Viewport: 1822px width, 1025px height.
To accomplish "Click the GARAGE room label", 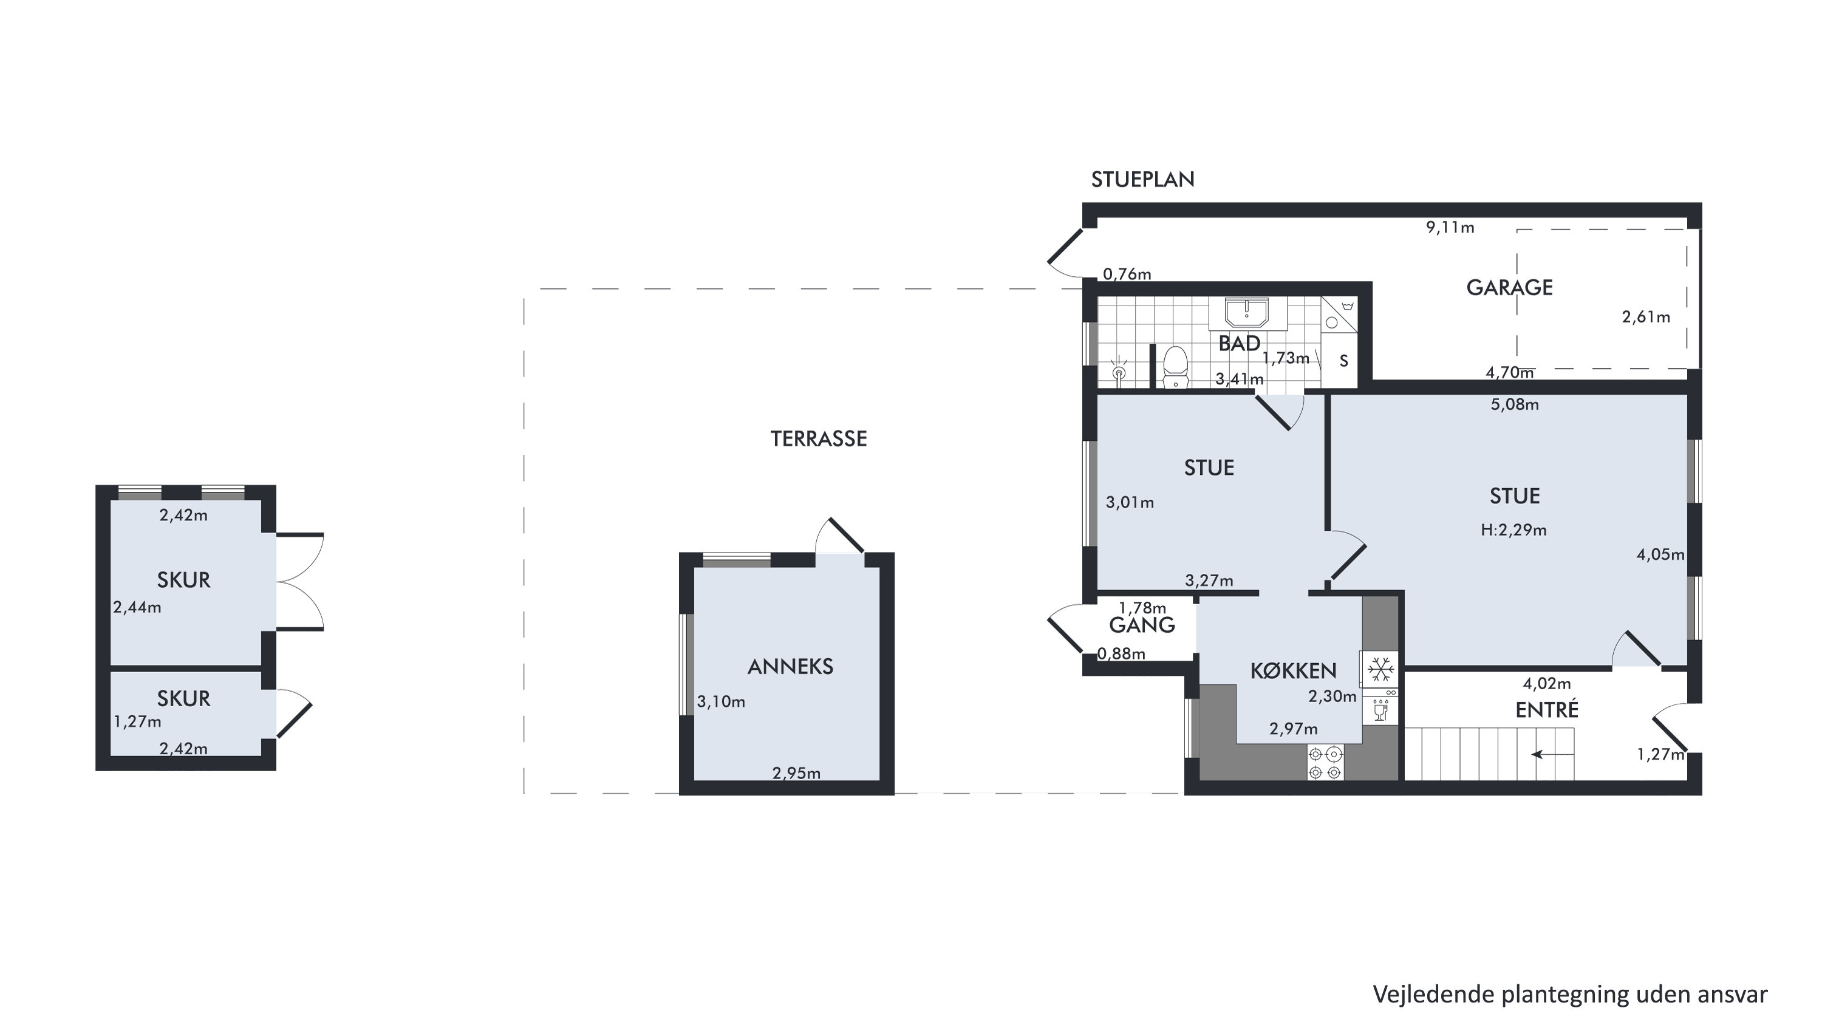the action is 1509,287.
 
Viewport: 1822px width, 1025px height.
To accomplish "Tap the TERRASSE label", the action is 818,438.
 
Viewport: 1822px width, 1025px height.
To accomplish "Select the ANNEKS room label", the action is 790,666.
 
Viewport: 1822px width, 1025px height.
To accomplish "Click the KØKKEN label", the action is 1293,670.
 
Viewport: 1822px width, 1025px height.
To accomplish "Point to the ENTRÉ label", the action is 1547,709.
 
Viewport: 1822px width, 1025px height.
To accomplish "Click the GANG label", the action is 1142,625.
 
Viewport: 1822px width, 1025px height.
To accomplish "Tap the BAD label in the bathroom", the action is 1239,343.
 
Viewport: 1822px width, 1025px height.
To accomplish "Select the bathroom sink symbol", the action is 1247,313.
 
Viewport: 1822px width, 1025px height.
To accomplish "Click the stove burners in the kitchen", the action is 1325,763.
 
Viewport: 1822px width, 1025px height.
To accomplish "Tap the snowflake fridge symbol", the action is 1380,669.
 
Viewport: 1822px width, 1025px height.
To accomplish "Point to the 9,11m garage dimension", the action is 1450,227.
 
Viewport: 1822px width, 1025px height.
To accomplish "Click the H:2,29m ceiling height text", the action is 1513,530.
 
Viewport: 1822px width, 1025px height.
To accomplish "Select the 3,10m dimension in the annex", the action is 721,702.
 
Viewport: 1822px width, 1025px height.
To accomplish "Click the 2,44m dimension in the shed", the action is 137,607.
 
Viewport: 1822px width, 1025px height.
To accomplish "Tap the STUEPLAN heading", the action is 1142,180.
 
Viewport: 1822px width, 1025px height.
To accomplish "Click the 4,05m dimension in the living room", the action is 1660,554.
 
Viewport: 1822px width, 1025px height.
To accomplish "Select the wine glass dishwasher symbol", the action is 1380,710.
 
